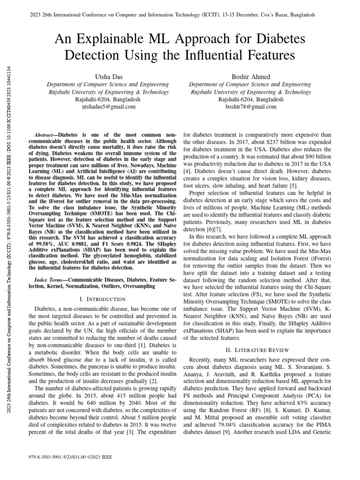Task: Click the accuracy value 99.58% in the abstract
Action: [x=49, y=243]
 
